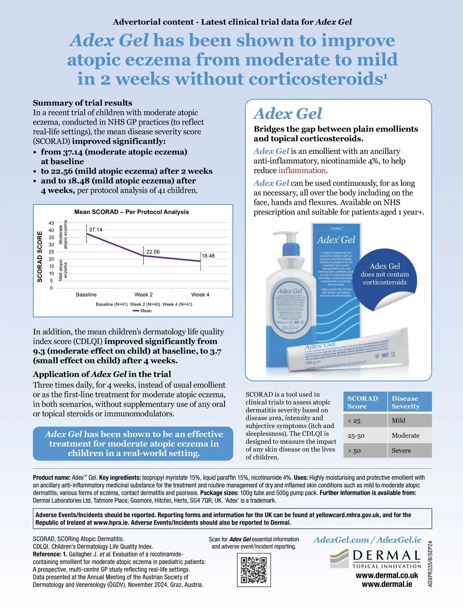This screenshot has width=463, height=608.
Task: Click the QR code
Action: tap(253, 569)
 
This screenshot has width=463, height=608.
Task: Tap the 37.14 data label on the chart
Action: tap(96, 230)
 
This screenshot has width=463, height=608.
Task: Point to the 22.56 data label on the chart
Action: tap(153, 252)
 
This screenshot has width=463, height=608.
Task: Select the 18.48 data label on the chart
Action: tap(208, 256)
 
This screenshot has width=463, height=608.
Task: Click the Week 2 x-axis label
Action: tap(144, 295)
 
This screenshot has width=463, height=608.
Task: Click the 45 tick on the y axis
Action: tap(51, 223)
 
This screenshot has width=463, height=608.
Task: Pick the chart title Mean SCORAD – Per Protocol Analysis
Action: tap(132, 212)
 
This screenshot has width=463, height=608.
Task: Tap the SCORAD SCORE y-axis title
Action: tap(40, 256)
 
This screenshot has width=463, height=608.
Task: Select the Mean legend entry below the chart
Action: tap(142, 311)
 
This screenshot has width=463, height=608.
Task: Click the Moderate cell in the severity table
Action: tap(405, 435)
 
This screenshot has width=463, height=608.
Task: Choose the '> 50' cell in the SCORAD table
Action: tap(354, 450)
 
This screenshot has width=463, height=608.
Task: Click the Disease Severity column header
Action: tap(405, 402)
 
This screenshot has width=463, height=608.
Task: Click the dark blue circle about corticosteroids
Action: tap(385, 274)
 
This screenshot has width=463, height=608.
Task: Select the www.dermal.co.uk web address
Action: tap(387, 575)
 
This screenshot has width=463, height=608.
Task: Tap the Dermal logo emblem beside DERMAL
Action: tap(339, 559)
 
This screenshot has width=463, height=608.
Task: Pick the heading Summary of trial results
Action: tap(83, 103)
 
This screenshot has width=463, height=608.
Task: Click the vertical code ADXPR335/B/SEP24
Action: tap(430, 564)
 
